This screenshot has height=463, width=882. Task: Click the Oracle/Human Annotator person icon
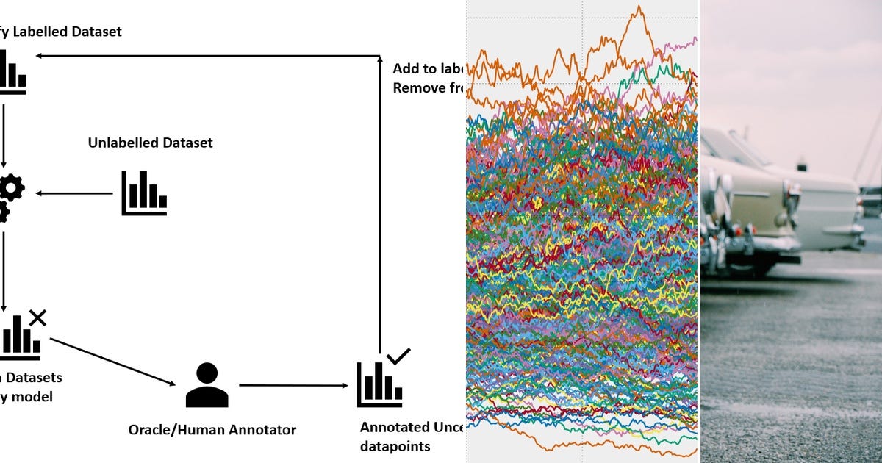(207, 385)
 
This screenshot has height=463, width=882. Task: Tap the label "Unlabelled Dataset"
(150, 143)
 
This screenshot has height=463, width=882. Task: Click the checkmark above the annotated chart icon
(398, 356)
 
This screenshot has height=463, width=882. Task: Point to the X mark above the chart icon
(37, 317)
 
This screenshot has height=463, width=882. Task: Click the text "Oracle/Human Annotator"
(212, 429)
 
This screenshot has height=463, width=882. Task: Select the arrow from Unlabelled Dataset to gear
(73, 193)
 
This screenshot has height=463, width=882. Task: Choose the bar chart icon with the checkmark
(379, 384)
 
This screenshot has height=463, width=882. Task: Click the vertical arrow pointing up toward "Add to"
(380, 206)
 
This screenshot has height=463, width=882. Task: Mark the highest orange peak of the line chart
(639, 8)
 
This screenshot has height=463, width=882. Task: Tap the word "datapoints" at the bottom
(395, 446)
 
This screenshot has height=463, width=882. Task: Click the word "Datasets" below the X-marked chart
(34, 378)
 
